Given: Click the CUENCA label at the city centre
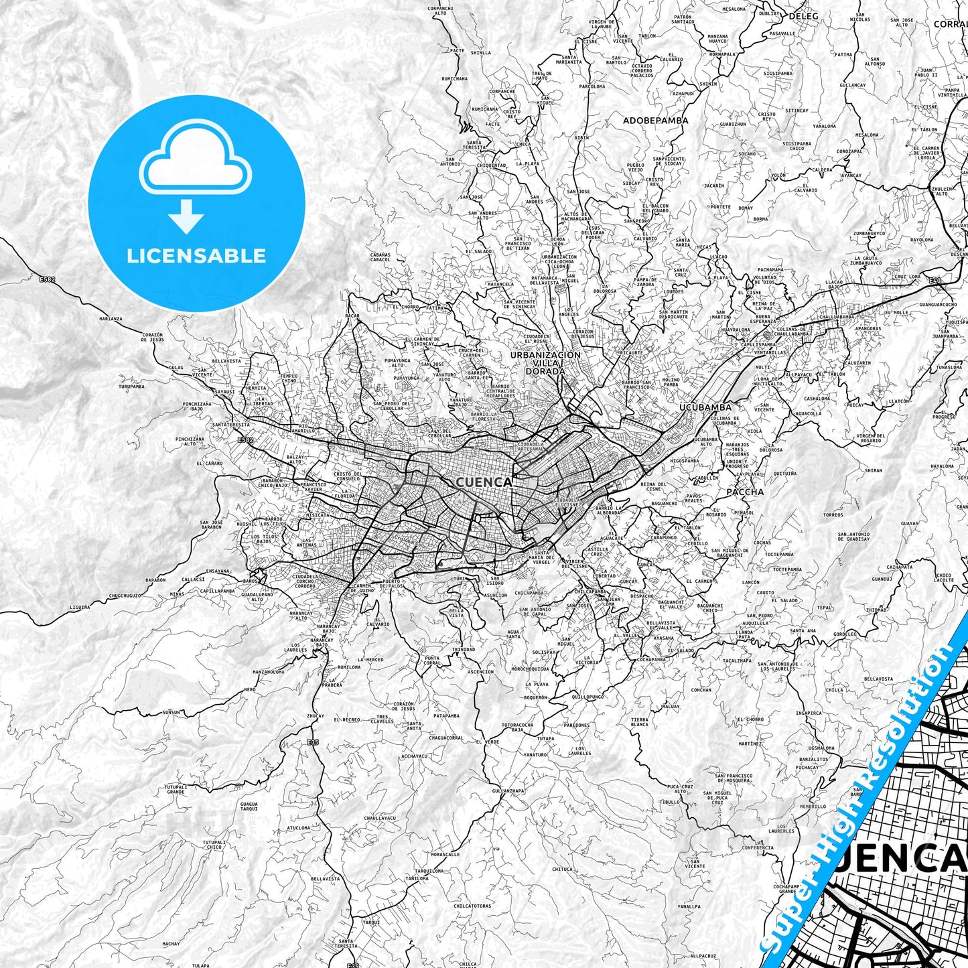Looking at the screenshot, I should coord(484,482).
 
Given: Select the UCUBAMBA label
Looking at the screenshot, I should coord(705,407).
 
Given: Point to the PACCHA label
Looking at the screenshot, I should coord(745,492).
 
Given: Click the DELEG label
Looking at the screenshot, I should coord(804,15).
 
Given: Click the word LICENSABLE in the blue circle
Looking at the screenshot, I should coord(196,256).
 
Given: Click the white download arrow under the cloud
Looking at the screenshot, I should coord(186,216).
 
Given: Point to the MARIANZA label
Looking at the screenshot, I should coord(111,319).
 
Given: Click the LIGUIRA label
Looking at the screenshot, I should coord(79,607).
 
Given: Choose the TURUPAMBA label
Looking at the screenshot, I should coord(131,387).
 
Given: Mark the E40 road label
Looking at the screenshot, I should coord(935,280).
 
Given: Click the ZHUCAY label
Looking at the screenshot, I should coord(315,716).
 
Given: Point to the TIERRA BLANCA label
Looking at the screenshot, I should coord(639,722).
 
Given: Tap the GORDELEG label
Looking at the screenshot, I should coord(845,634).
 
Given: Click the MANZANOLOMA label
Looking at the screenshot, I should coord(269,671).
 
